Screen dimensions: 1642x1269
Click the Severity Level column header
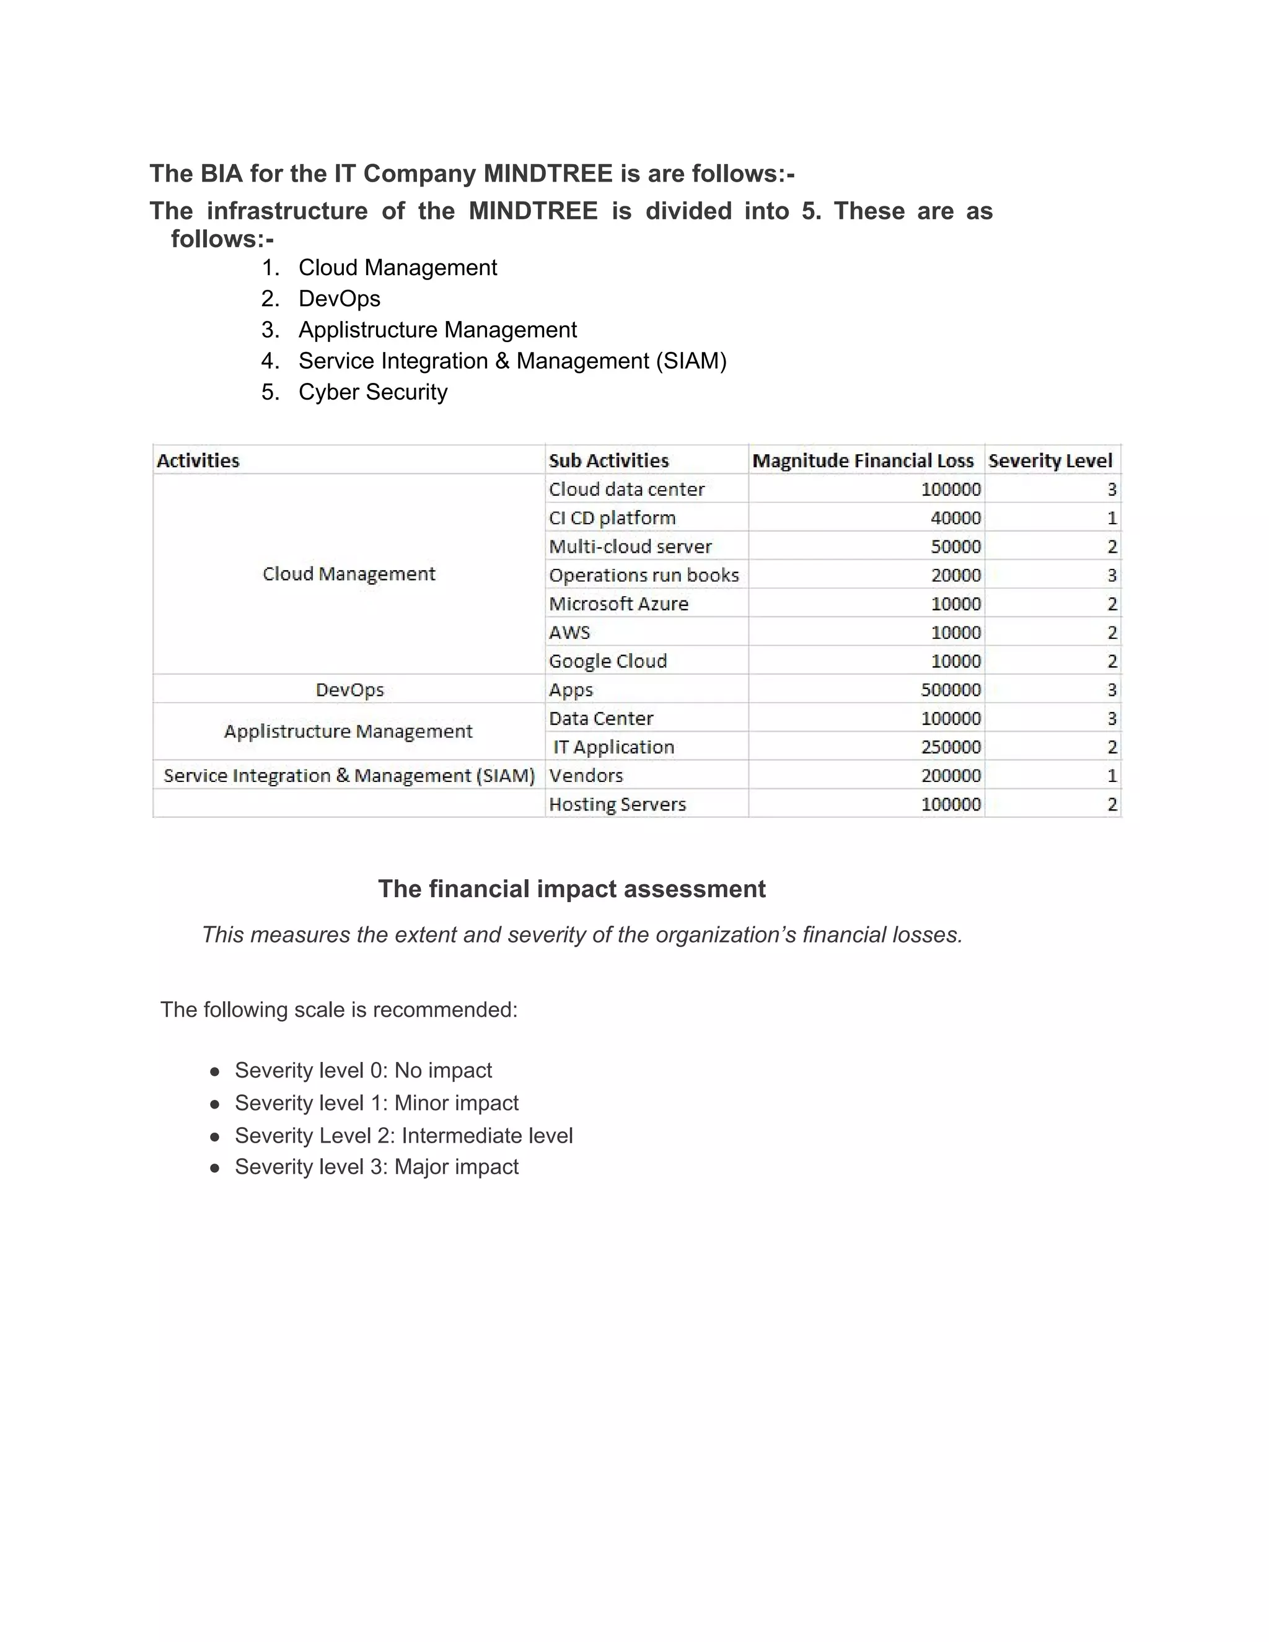[x=1050, y=460]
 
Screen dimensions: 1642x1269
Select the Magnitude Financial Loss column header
[x=863, y=460]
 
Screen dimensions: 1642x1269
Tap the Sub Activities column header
[x=608, y=460]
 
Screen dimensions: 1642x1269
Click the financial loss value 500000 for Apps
[x=951, y=690]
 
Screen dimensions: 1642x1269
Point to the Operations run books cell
[x=644, y=575]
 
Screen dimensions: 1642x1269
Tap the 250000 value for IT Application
[x=951, y=747]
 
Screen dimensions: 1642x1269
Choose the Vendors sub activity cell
[x=586, y=775]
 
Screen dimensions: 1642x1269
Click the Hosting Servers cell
[x=617, y=804]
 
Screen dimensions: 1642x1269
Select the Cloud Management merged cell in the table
[x=349, y=574]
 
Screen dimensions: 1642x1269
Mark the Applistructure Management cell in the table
[x=348, y=731]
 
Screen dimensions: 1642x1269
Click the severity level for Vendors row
[x=1111, y=775]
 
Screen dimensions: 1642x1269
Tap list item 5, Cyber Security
[x=372, y=392]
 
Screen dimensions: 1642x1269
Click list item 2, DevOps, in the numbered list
[x=339, y=299]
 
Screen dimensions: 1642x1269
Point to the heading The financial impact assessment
[x=571, y=889]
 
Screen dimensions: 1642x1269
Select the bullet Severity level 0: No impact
[x=363, y=1070]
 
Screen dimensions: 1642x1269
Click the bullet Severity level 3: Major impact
[x=376, y=1166]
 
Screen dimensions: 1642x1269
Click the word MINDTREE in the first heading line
[x=547, y=173]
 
